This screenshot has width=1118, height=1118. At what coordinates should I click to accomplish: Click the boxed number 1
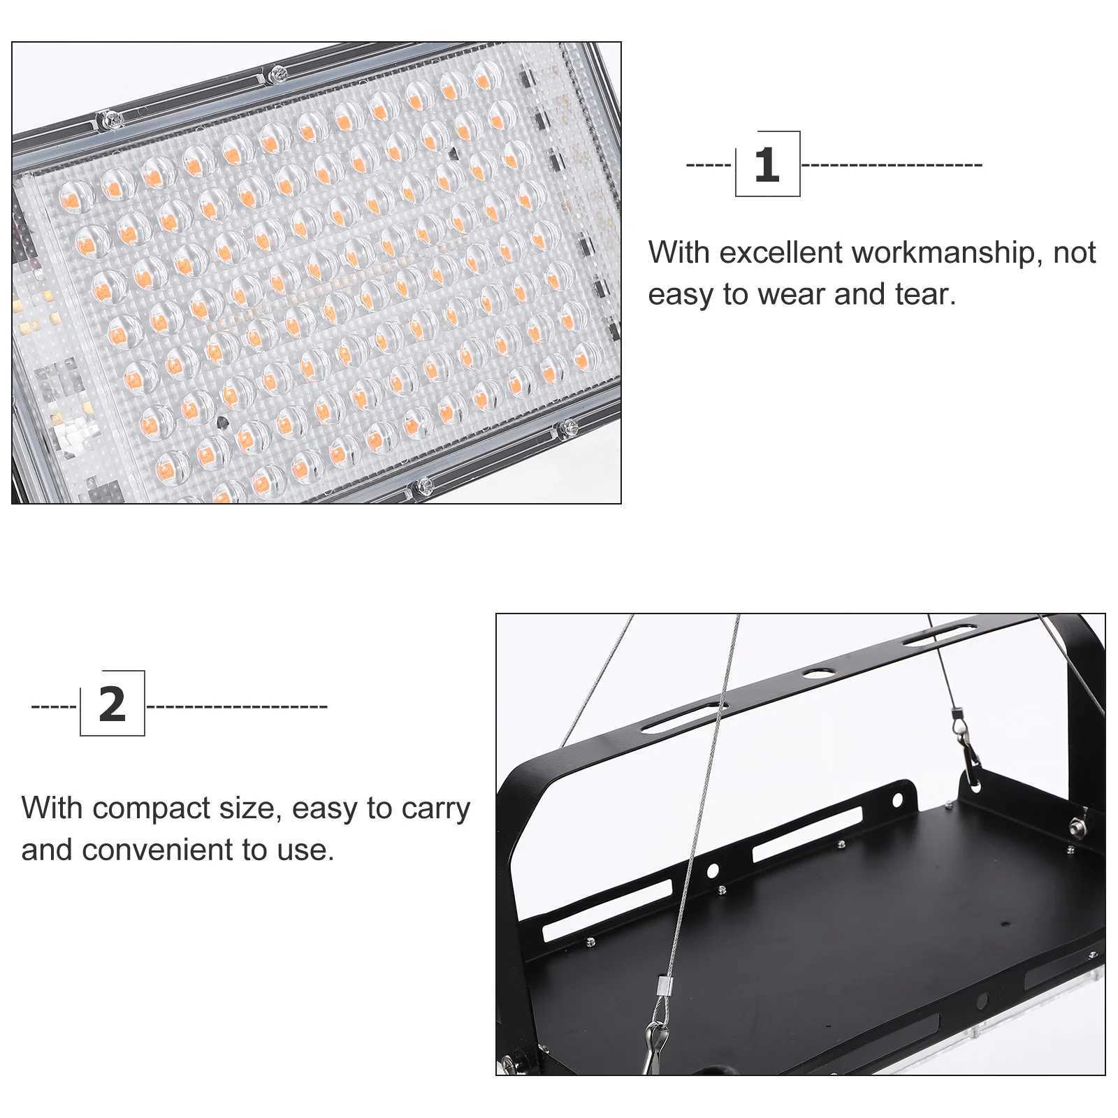767,164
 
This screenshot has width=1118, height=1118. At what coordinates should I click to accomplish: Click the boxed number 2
112,704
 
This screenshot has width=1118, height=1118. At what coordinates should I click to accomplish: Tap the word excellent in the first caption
780,253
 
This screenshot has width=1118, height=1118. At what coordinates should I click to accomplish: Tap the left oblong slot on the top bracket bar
685,718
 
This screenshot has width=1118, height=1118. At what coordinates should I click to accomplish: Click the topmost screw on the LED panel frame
278,71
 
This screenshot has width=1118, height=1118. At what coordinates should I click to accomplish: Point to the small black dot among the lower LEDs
222,422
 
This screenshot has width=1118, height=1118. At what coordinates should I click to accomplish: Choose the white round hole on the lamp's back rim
712,871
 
